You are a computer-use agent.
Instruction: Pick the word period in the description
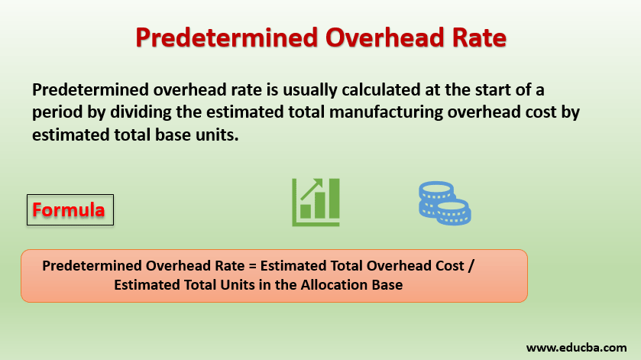[x=55, y=113]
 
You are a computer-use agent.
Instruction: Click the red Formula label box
[x=70, y=209]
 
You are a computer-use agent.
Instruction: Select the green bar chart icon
[x=316, y=203]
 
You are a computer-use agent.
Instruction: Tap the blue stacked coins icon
[x=444, y=203]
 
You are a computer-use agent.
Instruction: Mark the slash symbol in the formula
[x=471, y=266]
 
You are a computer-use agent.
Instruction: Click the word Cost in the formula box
[x=446, y=266]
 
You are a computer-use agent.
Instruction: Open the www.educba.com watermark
[x=576, y=348]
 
